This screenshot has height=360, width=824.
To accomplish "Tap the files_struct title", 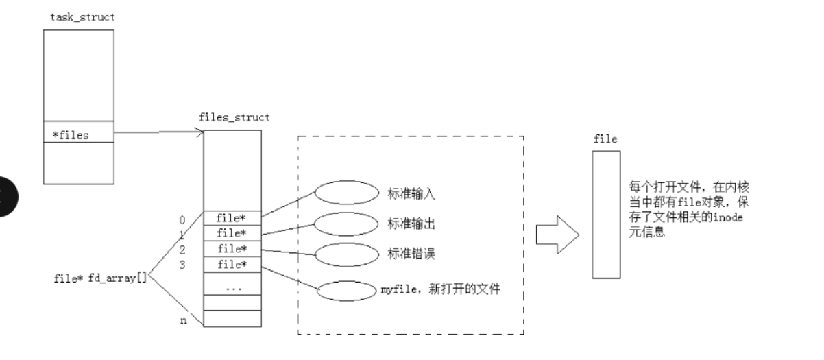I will [234, 117].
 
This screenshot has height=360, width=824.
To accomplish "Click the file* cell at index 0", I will [232, 218].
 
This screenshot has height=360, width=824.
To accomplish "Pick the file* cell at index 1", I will [232, 233].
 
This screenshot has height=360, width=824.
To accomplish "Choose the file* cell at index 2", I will [232, 248].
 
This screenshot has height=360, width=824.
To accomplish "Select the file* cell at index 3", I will [232, 264].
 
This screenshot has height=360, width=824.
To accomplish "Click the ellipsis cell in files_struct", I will [232, 288].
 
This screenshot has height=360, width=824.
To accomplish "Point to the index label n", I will [182, 320].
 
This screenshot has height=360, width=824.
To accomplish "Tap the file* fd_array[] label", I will [100, 278].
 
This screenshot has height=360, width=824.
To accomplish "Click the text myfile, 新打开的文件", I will [441, 290].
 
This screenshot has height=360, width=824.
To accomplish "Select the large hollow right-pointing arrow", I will [558, 233].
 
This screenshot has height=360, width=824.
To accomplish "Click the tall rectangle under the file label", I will [606, 215].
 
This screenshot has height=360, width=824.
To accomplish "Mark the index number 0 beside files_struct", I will [182, 220].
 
